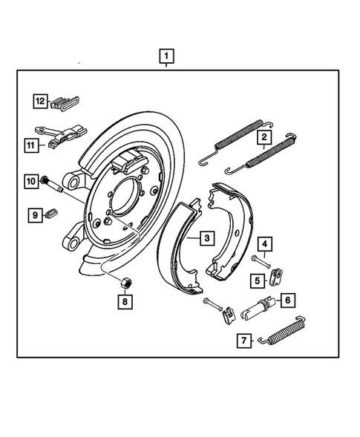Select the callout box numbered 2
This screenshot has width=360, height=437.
point(263,137)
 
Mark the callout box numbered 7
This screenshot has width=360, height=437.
point(243,341)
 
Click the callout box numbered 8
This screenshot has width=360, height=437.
point(125,301)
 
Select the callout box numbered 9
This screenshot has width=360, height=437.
point(34,215)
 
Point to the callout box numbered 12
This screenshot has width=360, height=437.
point(39,101)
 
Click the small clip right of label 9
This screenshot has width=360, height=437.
point(52,214)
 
